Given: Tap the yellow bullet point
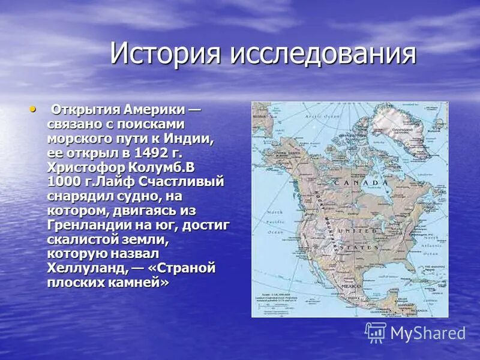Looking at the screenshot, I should tap(32, 109).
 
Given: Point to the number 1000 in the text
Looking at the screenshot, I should tap(64, 181).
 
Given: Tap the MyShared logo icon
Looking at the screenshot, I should tap(376, 332).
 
